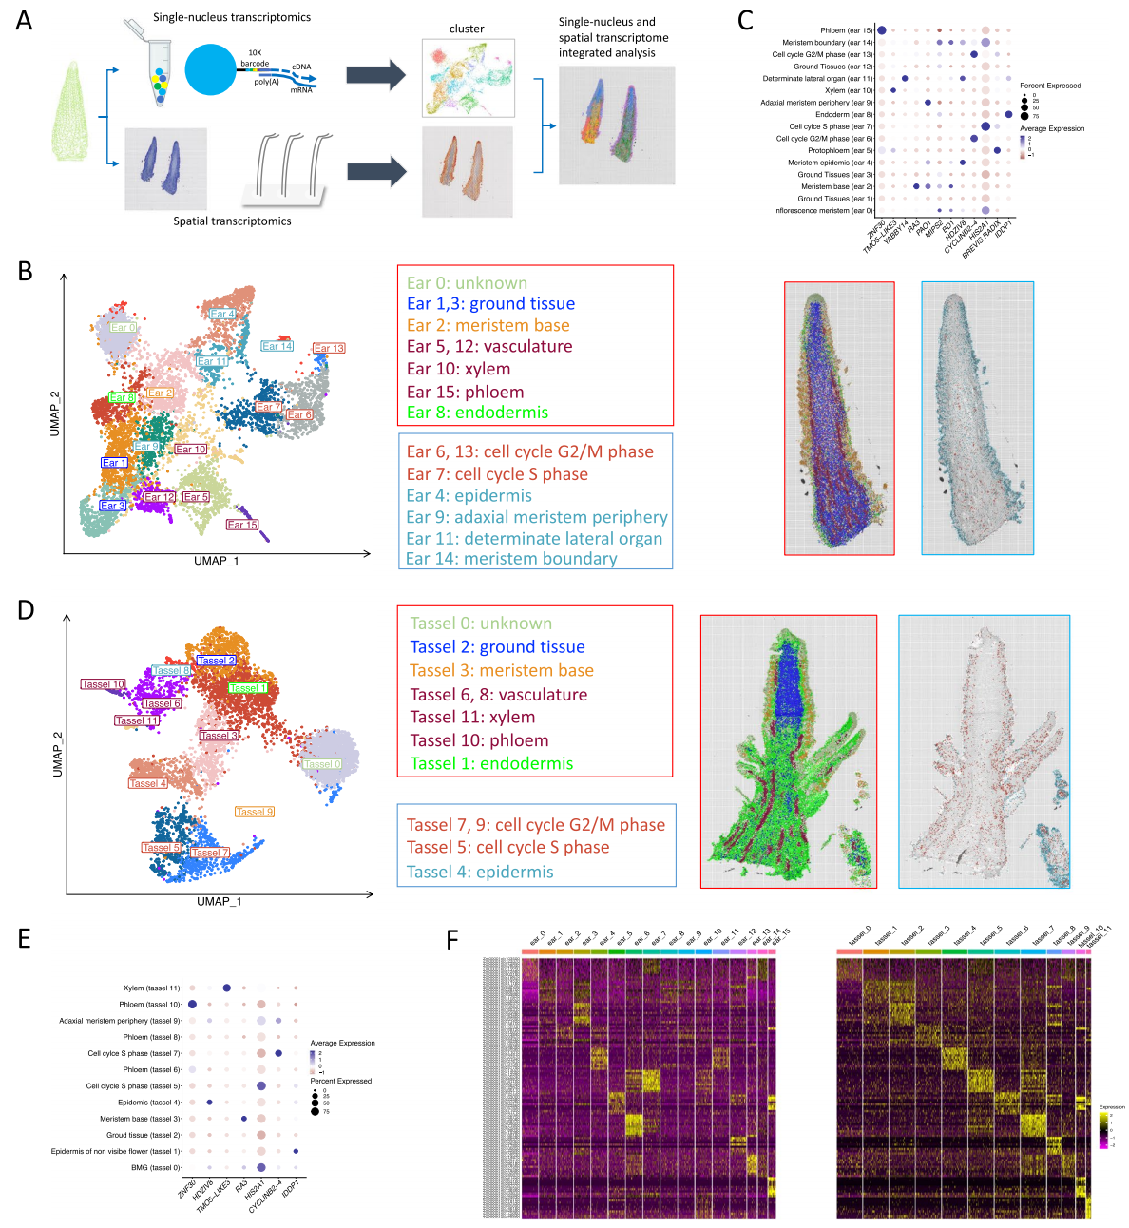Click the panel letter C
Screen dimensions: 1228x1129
746,19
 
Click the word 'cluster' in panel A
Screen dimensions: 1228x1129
467,29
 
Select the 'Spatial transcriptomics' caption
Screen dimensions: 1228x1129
232,221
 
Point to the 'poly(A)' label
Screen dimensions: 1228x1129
267,82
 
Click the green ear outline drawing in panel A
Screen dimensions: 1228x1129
73,112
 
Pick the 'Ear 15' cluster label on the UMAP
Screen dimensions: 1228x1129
242,525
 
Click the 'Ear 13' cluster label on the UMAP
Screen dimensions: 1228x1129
329,349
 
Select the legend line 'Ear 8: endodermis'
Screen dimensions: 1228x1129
477,413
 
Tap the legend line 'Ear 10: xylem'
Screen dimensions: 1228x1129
458,369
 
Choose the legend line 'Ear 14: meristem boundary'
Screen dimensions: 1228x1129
511,559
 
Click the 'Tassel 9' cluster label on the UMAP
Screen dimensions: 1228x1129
255,812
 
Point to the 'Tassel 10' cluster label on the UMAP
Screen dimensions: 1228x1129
103,684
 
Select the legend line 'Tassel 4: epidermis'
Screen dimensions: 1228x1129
480,872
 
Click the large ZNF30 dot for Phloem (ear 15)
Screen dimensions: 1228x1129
882,30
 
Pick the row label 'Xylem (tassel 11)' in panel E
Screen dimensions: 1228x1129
151,988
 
